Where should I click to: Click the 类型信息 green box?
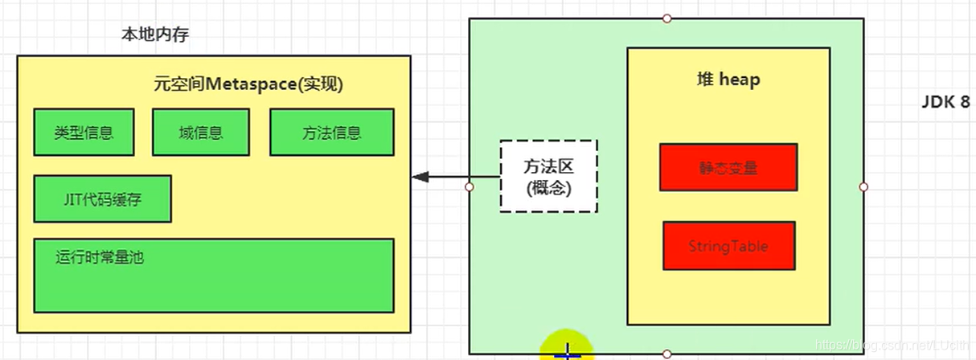(x=84, y=133)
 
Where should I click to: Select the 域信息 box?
(x=201, y=133)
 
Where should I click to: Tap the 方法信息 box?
(x=331, y=133)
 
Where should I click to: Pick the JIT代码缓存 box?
(x=102, y=198)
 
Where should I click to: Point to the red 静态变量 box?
(x=728, y=168)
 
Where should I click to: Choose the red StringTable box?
(x=728, y=246)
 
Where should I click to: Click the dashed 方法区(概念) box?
(x=548, y=176)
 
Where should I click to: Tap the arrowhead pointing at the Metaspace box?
(x=417, y=177)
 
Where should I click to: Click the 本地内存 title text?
(x=155, y=35)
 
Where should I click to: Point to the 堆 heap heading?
(x=728, y=80)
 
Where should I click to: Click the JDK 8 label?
(x=946, y=104)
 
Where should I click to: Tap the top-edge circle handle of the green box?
(x=666, y=18)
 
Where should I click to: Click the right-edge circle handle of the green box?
(x=863, y=186)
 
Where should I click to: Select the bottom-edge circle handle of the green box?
(x=666, y=354)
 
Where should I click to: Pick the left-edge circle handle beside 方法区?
(x=470, y=186)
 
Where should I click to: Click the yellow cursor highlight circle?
(x=567, y=346)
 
